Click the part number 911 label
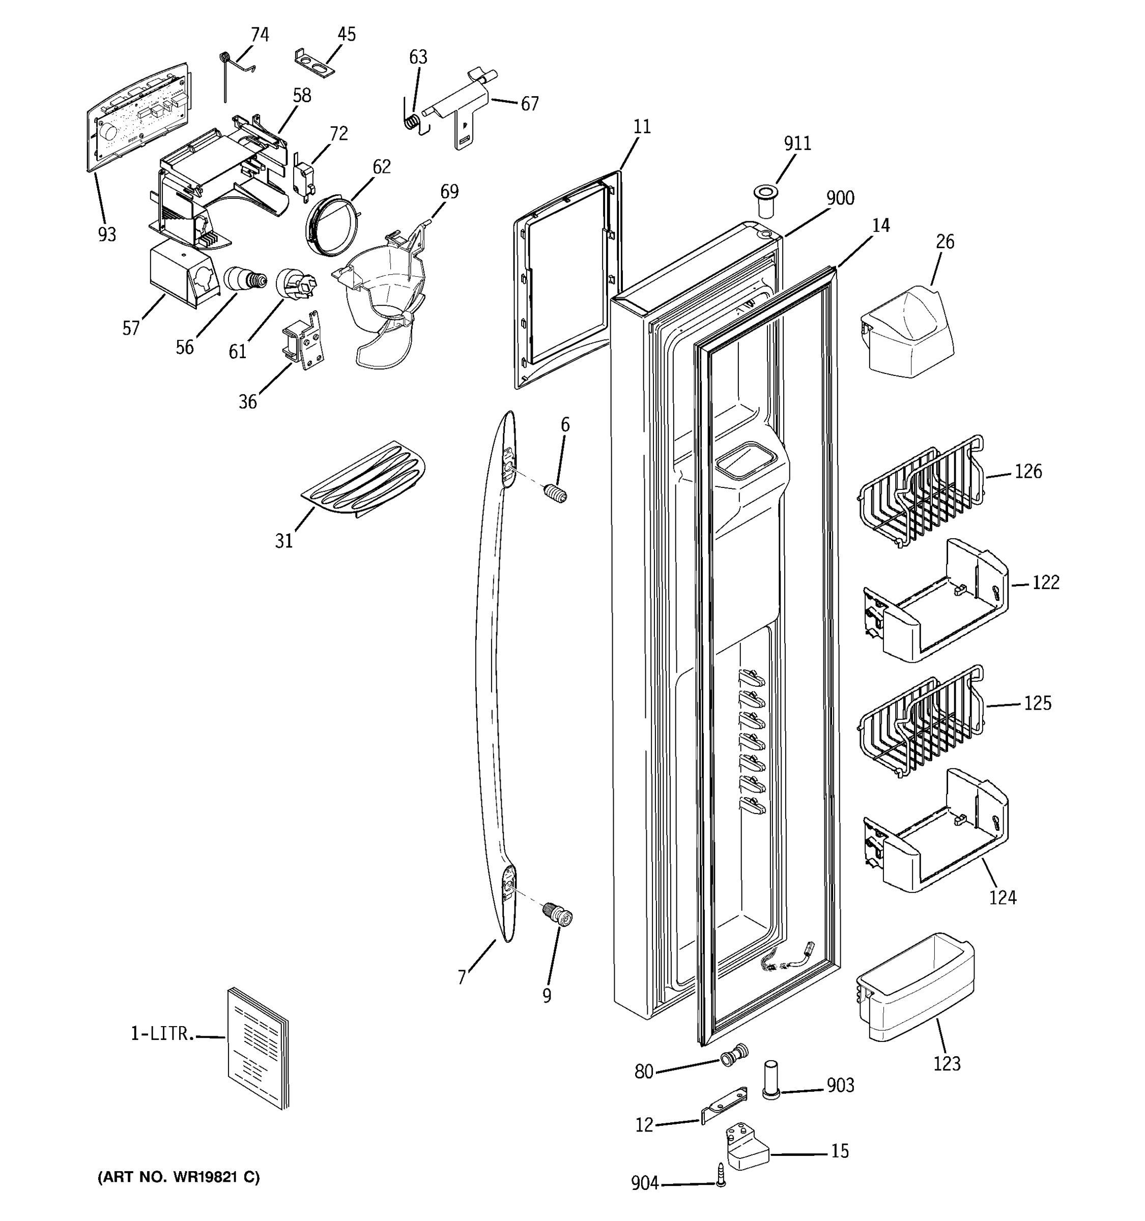797,143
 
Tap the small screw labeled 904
720,1174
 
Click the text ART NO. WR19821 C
179,1177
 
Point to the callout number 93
107,234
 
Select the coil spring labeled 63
413,120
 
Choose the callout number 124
1003,897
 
